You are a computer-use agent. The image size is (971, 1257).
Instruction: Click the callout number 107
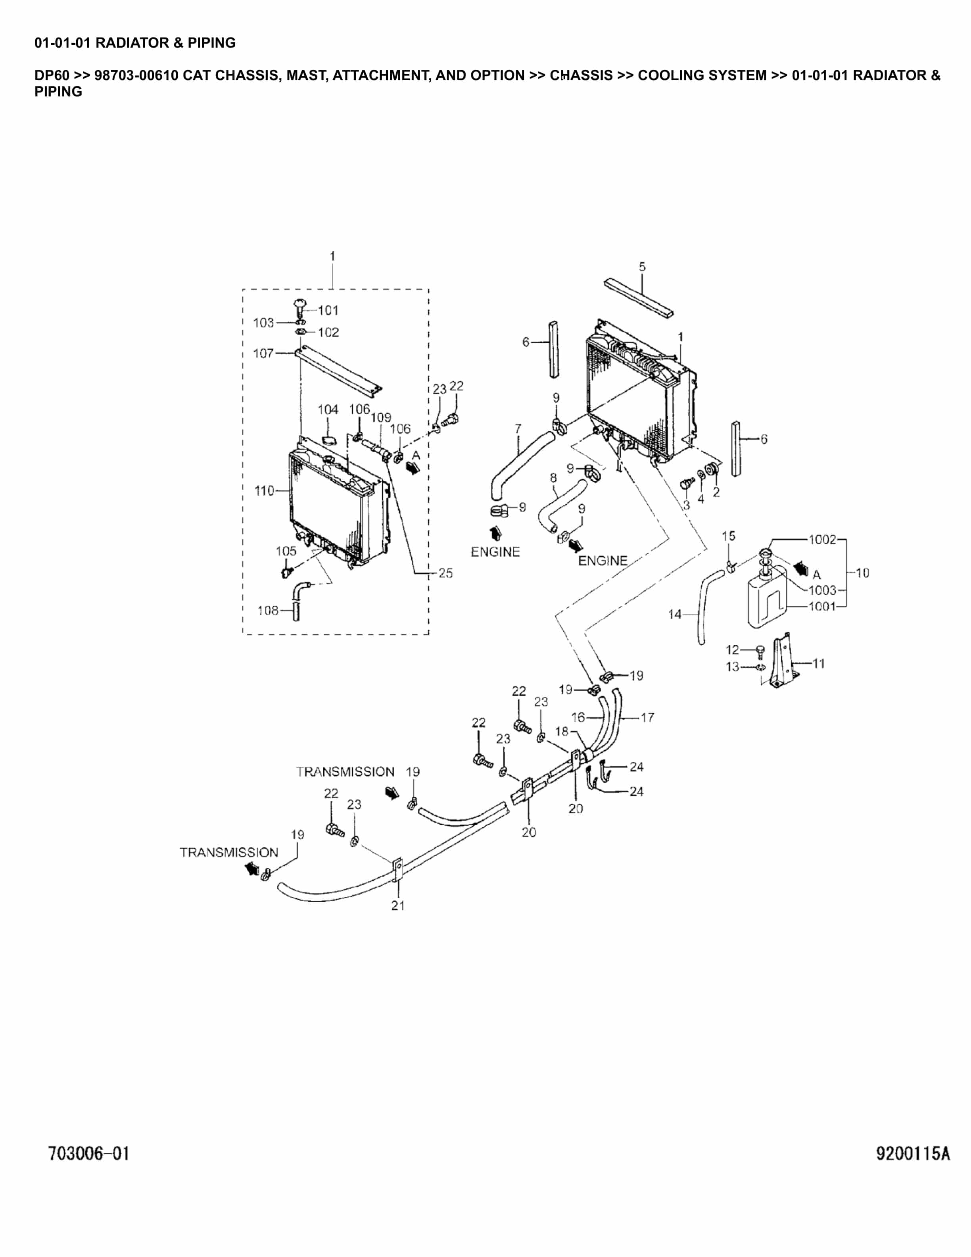click(263, 354)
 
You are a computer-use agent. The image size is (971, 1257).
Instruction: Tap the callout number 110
click(264, 491)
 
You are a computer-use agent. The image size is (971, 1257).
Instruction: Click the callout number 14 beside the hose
click(674, 615)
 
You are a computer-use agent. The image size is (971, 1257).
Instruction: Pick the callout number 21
click(398, 905)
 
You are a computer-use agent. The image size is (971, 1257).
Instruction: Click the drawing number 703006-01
click(89, 1153)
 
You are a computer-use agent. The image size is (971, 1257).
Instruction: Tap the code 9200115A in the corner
click(913, 1153)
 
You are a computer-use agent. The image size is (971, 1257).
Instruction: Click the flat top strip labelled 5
click(639, 298)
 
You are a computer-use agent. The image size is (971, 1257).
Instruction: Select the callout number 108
click(268, 611)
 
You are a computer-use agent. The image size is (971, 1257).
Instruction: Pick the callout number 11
click(819, 663)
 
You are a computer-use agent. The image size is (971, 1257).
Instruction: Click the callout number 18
click(561, 731)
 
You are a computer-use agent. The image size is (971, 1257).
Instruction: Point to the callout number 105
click(286, 551)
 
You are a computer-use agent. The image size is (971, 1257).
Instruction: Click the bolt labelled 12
click(760, 651)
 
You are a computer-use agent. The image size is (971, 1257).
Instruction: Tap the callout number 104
click(328, 410)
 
